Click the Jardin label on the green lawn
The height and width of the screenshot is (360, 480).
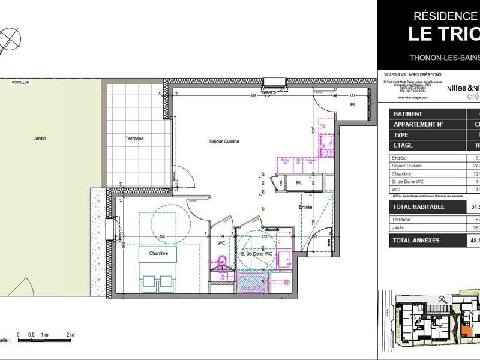click(40, 138)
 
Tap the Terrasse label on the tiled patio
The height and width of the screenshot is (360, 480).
click(134, 138)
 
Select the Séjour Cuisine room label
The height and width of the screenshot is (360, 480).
click(223, 141)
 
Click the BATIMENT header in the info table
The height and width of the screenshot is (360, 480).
click(407, 114)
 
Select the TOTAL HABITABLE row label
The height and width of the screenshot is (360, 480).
click(418, 206)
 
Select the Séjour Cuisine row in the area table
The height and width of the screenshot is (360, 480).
click(407, 166)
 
